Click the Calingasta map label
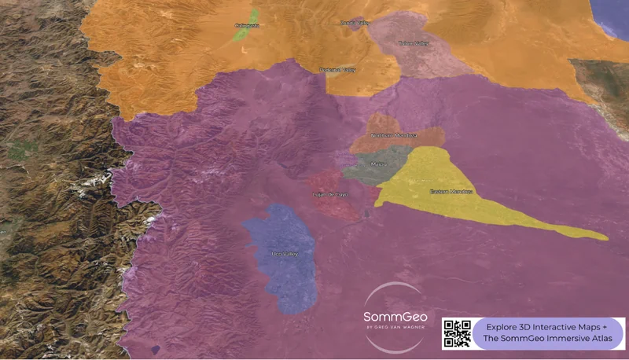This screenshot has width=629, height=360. [247, 26]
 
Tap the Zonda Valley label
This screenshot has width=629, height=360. [355, 24]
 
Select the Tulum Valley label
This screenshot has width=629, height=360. [414, 44]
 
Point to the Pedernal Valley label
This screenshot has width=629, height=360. [338, 71]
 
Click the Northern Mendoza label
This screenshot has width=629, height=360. [395, 136]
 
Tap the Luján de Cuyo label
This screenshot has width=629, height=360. [331, 193]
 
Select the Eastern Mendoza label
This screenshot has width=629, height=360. [451, 192]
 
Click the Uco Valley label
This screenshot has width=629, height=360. [285, 254]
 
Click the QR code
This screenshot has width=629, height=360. [457, 333]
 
